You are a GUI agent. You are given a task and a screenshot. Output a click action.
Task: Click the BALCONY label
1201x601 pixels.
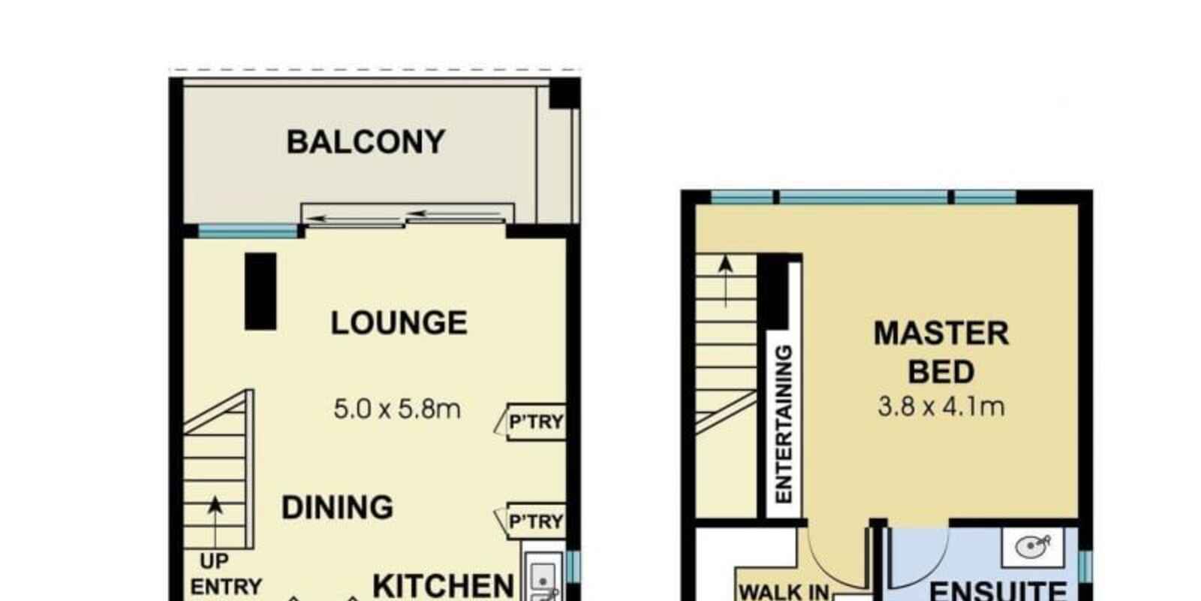(x=366, y=142)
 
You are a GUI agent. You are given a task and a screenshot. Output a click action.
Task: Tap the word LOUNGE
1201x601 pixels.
(x=399, y=323)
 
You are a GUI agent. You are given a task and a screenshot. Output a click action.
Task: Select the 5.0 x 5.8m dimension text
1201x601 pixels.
(x=397, y=409)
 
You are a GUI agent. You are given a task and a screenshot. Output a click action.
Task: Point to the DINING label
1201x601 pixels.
(x=337, y=508)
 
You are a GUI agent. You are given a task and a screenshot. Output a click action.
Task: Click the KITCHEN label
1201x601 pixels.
(x=444, y=586)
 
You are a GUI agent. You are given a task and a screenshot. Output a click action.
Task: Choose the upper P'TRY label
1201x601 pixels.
(x=536, y=422)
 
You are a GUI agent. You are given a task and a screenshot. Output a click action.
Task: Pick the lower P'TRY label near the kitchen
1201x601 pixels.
(x=536, y=521)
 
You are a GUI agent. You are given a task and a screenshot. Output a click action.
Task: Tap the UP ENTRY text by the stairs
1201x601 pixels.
(x=226, y=574)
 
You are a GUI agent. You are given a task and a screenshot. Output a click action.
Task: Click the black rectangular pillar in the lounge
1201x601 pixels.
(x=260, y=291)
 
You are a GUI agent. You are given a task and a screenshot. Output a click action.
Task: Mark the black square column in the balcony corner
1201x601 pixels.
(x=565, y=93)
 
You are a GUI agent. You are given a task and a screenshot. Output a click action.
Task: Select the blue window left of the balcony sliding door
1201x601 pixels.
(x=248, y=231)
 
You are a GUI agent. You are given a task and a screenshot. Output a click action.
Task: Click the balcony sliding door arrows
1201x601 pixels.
(x=406, y=216)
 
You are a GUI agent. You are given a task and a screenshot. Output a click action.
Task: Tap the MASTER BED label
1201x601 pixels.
(x=941, y=352)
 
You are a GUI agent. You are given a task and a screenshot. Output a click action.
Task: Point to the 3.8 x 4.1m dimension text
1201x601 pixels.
(x=941, y=406)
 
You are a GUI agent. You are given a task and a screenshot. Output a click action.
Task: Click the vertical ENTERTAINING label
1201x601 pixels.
(x=784, y=424)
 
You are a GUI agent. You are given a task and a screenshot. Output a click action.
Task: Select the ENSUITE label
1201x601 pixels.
(x=998, y=590)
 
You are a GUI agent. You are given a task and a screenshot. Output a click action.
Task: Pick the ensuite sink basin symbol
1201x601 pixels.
(x=1033, y=547)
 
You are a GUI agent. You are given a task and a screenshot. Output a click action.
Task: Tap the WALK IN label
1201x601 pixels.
(x=784, y=593)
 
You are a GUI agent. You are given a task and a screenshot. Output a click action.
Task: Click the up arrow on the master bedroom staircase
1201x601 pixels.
(x=726, y=281)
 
